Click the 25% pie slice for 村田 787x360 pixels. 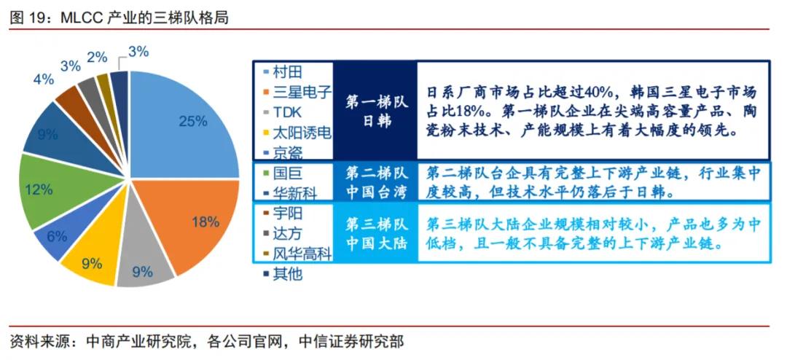tap(186, 128)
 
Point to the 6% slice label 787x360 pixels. tap(56, 237)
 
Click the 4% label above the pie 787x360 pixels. tap(43, 79)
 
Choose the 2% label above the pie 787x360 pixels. tap(96, 58)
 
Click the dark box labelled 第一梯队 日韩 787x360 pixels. tap(376, 111)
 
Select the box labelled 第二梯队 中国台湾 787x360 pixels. tap(376, 183)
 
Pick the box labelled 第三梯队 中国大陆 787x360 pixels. tap(376, 233)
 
